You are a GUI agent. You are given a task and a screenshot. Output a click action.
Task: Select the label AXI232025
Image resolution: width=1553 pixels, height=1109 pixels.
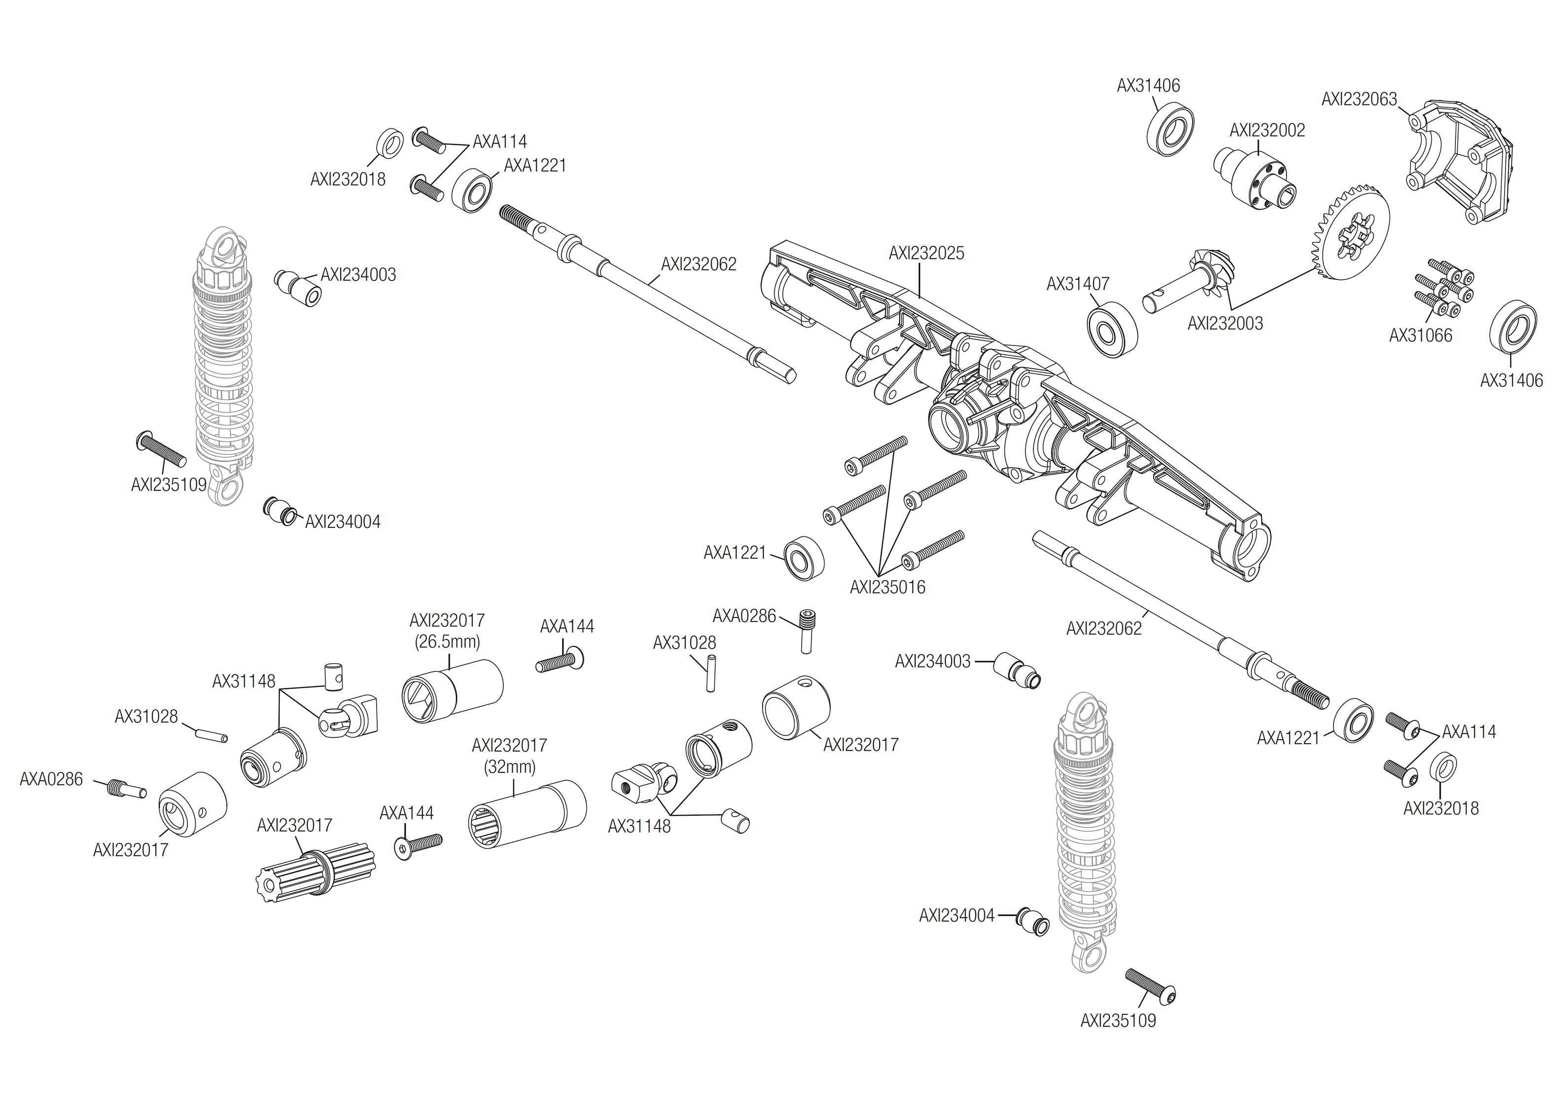[926, 253]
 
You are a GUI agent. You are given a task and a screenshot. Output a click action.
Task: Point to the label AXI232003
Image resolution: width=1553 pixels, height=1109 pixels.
[1225, 324]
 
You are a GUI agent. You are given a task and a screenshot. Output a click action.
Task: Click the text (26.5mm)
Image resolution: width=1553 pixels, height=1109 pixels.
[447, 642]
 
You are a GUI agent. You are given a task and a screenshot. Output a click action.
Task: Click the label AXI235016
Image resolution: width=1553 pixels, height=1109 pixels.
[887, 588]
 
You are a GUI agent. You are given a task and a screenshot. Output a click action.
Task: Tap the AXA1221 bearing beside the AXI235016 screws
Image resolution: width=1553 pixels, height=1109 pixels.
[803, 558]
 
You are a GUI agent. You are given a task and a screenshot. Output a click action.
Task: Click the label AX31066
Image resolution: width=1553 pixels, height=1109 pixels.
[1420, 336]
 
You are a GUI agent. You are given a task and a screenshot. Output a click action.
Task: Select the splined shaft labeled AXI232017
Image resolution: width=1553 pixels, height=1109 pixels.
[316, 874]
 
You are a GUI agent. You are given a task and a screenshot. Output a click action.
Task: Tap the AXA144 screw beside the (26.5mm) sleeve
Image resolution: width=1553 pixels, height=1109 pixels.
[560, 662]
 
